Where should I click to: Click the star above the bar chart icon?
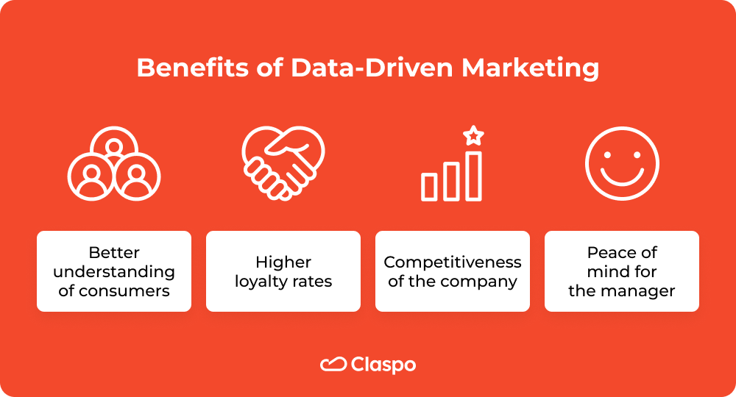474,135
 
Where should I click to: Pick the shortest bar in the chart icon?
429,187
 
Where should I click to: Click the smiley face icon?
622,162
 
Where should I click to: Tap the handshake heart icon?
283,162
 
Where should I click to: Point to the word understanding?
114,272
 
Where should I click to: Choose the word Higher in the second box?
283,262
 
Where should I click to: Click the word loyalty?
262,281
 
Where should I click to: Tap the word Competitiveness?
453,262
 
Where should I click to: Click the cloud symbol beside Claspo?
333,364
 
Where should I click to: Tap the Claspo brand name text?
383,365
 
